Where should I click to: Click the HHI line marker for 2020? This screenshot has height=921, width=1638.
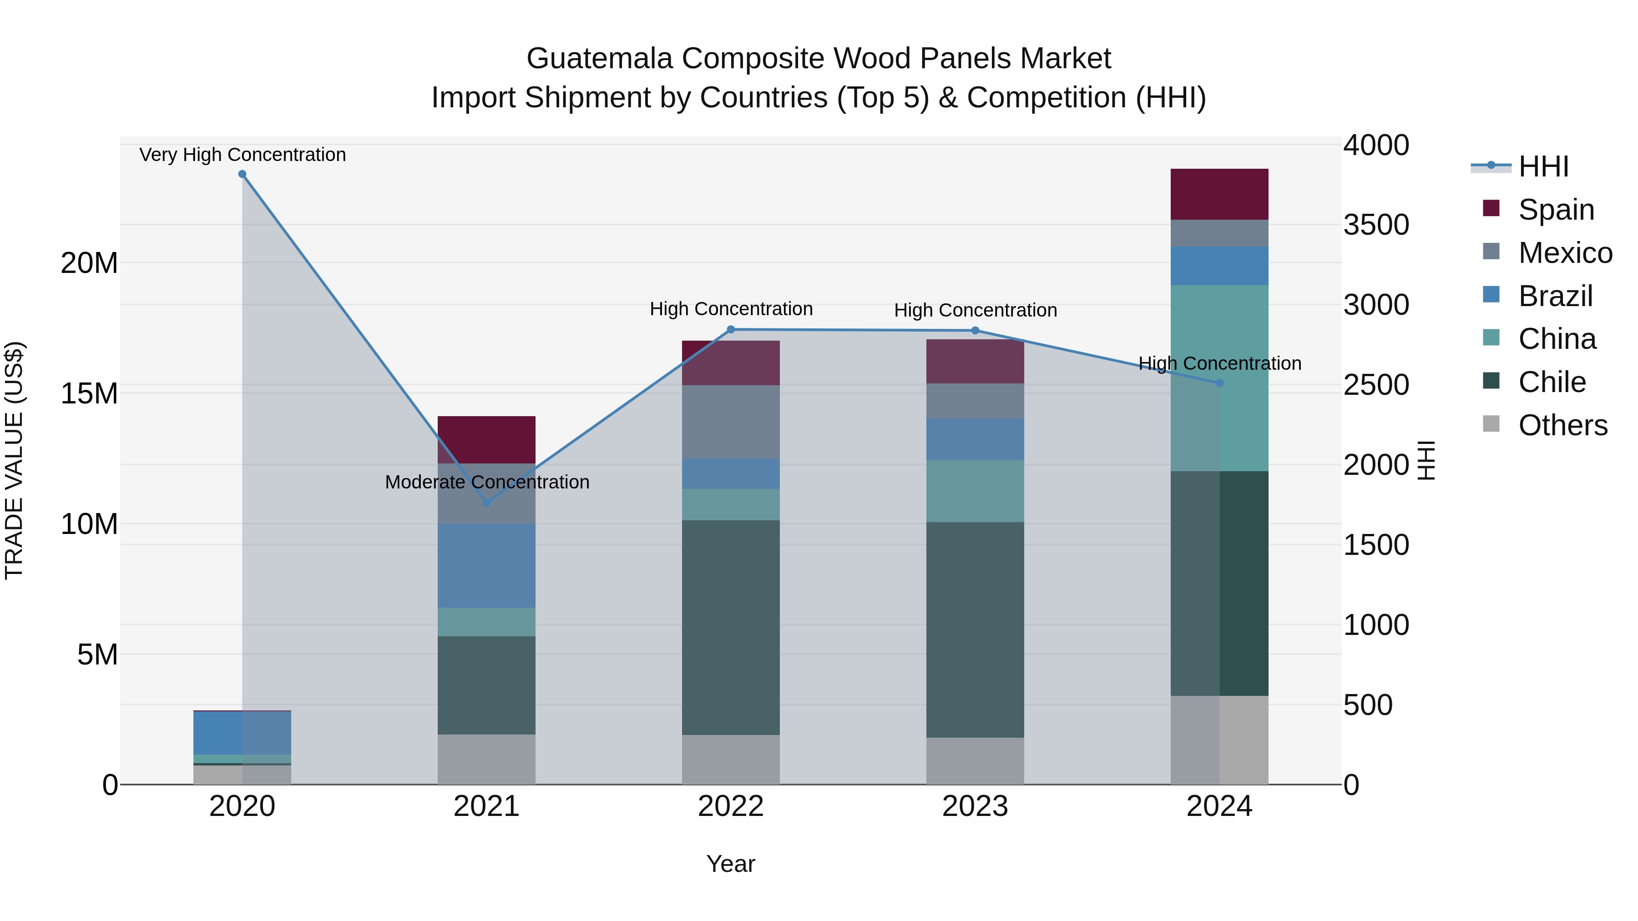pos(242,174)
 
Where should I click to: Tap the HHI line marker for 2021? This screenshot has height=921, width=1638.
pos(486,502)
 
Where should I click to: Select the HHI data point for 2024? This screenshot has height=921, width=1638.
pos(1219,382)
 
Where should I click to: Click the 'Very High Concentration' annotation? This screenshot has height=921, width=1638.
pos(242,155)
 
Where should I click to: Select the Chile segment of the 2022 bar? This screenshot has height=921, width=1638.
pos(731,627)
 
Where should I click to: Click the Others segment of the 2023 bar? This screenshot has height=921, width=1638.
pos(975,761)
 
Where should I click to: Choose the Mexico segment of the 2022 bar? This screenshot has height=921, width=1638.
pos(731,422)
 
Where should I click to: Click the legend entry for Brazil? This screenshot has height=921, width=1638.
pos(1555,296)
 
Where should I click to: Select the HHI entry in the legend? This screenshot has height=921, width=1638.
pos(1543,166)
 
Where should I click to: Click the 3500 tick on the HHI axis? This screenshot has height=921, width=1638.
pos(1375,225)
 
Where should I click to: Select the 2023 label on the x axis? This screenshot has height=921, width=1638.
pos(975,806)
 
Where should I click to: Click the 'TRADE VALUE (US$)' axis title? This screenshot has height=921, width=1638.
pos(14,460)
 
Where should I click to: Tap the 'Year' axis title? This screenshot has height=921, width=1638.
pos(731,864)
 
